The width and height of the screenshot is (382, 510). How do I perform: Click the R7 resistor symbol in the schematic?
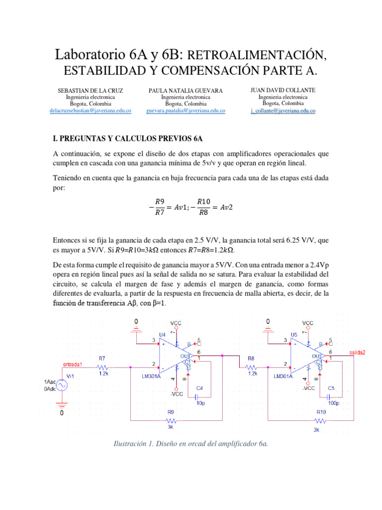click(103, 366)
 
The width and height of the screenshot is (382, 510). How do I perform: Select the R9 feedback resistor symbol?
click(171, 419)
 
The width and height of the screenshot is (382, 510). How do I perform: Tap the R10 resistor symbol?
click(320, 419)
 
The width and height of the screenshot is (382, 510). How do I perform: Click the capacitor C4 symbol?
click(200, 396)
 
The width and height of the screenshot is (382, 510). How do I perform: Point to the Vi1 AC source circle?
click(62, 385)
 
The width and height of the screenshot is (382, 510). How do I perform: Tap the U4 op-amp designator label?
click(162, 334)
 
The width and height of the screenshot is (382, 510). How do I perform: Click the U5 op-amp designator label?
click(294, 334)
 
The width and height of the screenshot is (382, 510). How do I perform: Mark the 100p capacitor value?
click(332, 403)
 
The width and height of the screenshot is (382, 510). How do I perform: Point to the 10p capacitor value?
click(200, 403)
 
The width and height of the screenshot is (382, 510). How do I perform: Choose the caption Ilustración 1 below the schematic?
click(191, 444)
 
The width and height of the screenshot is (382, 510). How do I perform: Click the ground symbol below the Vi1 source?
click(62, 404)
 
